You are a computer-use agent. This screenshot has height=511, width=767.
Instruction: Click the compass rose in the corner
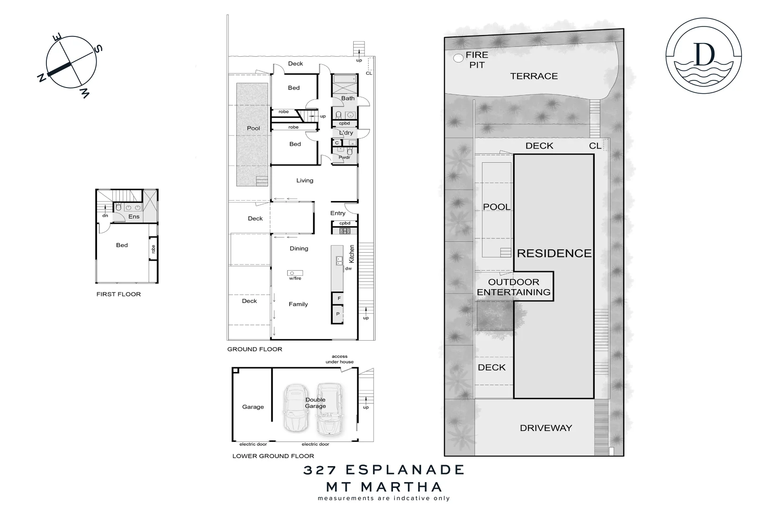coord(71,62)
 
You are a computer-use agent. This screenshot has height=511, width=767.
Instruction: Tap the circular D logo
coord(704,55)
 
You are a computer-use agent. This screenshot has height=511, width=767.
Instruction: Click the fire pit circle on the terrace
coord(458,59)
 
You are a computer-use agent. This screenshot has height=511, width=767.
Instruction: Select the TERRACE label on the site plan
coord(534,76)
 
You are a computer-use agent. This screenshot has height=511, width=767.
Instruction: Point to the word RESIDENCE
coord(554,254)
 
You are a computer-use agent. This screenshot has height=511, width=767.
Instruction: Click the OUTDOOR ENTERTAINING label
coord(514,287)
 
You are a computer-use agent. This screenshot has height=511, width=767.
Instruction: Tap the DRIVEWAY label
coord(546,428)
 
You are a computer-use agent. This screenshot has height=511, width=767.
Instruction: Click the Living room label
coord(304,181)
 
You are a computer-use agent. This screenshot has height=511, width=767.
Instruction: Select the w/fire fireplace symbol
coord(295,273)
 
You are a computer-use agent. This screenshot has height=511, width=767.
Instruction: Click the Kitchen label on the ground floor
coord(351,254)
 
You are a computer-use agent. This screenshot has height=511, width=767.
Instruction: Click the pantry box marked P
coord(338,314)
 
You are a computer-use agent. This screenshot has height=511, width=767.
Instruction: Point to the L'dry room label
coord(346,133)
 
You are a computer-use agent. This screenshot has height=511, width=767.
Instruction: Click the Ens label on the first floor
coord(134,217)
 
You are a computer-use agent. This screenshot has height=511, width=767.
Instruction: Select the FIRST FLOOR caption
coord(118,294)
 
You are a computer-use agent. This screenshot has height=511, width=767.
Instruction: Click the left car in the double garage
coord(295,408)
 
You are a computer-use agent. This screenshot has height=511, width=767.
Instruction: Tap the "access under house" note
coord(339,359)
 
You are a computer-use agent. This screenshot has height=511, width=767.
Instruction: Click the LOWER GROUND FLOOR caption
coord(273,456)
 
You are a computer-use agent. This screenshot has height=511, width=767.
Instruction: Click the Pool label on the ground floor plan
coord(253,128)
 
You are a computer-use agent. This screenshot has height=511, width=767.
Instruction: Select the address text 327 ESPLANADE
coord(383,470)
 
